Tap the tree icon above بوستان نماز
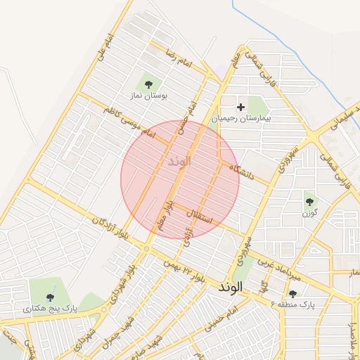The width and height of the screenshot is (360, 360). click(148, 82)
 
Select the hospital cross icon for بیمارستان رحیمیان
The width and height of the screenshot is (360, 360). click(242, 108)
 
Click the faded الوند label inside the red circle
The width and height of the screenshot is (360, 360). click(180, 161)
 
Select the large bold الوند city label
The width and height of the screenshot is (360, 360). click(231, 287)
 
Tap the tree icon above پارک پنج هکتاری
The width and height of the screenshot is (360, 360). click(51, 297)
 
